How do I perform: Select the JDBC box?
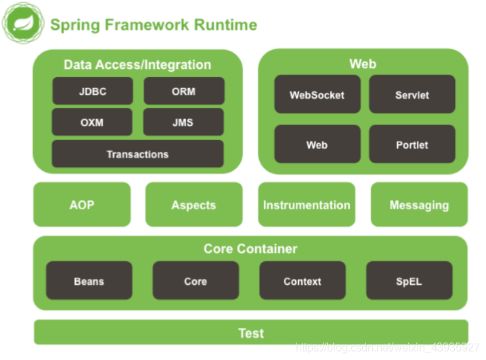coord(92,91)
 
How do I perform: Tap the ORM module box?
coord(183,91)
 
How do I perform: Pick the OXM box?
coord(92,122)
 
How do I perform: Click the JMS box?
coord(183,122)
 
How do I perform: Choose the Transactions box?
coord(137,154)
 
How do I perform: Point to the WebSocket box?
coord(317,95)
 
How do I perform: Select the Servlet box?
coord(412,95)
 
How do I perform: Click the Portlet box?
coord(412,145)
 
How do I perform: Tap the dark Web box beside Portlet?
coord(317,145)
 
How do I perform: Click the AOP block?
coord(82,204)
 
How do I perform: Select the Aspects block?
coord(194,204)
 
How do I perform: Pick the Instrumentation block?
coord(307,204)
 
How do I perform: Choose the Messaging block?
coord(419,204)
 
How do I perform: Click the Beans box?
coord(89,281)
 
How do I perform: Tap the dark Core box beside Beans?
coord(196,281)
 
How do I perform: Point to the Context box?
coord(302,281)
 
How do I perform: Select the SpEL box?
coord(409,281)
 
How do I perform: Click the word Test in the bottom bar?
coord(250,333)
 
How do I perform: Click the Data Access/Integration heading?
coord(137,65)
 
